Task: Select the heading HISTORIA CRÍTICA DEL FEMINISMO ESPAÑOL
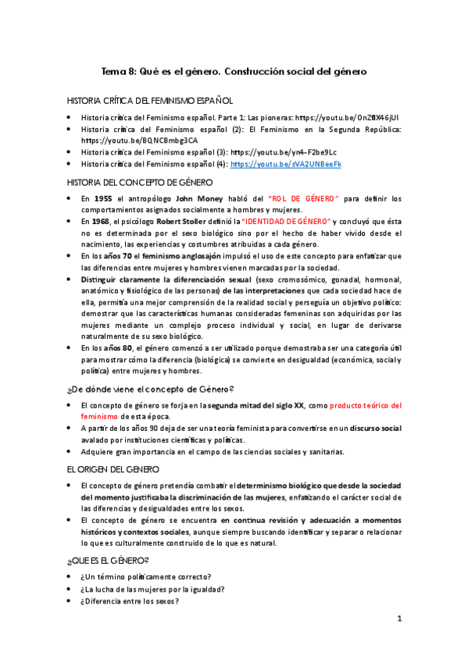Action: (x=149, y=101)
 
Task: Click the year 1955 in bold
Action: (x=102, y=200)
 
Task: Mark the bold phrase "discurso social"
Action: (x=376, y=428)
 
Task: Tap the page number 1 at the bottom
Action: (x=398, y=619)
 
